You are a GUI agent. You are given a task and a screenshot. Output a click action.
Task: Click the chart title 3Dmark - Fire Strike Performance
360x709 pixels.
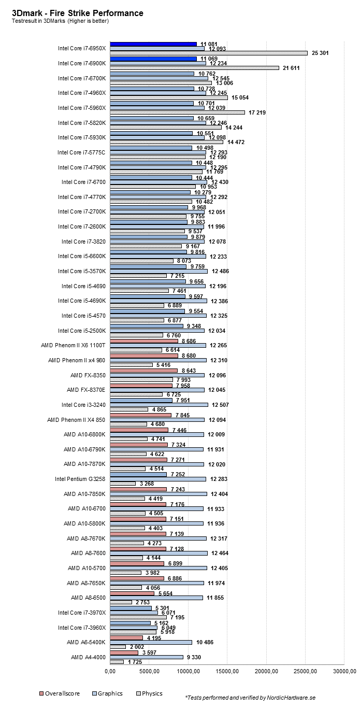click(x=78, y=12)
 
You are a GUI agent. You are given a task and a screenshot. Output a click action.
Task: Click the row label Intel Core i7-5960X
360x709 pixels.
click(x=82, y=108)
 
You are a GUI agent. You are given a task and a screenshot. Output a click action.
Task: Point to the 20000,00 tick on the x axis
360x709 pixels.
click(x=266, y=672)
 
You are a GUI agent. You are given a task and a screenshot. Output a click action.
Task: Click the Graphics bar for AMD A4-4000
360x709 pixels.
click(x=147, y=657)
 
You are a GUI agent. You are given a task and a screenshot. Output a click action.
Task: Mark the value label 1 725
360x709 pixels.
click(x=135, y=662)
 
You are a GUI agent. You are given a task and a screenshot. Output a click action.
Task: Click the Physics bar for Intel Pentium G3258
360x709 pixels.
click(x=123, y=484)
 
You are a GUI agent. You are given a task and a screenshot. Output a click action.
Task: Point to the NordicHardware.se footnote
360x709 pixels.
click(x=250, y=698)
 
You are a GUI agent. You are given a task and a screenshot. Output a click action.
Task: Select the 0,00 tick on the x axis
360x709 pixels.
click(x=110, y=672)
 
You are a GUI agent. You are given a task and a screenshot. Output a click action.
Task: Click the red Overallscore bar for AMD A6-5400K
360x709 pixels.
click(x=126, y=637)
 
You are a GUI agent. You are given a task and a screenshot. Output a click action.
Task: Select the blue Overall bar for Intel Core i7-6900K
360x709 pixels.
click(x=153, y=59)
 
